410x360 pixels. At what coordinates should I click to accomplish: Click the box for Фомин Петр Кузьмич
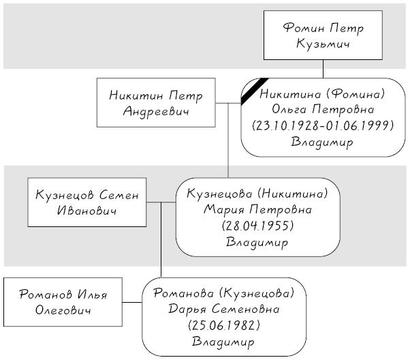(323, 35)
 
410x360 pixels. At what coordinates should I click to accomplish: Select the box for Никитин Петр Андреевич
(156, 103)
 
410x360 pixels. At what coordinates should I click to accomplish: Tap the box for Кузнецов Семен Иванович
(87, 202)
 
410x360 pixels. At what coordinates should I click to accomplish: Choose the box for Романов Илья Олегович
(63, 302)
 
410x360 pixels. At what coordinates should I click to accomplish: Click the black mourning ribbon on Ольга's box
(255, 91)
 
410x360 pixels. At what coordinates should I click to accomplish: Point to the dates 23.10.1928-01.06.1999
(323, 126)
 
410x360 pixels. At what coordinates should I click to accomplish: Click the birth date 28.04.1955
(257, 226)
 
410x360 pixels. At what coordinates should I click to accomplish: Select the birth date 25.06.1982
(224, 326)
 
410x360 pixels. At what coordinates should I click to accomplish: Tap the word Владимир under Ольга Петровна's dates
(322, 142)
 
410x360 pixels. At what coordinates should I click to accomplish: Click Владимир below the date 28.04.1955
(257, 242)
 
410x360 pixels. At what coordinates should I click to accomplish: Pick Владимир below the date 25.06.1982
(223, 342)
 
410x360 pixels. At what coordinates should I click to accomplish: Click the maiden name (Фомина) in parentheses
(356, 93)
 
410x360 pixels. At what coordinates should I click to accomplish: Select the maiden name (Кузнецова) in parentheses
(257, 293)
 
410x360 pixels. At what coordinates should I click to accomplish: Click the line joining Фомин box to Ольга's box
(324, 69)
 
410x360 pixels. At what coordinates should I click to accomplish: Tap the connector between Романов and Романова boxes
(132, 303)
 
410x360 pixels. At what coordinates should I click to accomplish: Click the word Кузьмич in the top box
(324, 44)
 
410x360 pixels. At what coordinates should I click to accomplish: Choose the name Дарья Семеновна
(224, 310)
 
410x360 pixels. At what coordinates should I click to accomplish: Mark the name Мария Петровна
(257, 210)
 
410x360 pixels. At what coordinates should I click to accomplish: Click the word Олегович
(63, 310)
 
